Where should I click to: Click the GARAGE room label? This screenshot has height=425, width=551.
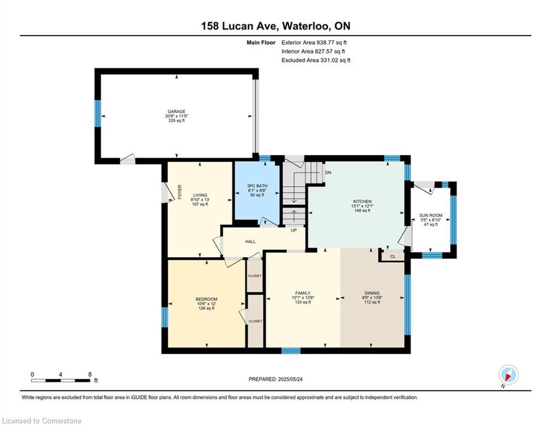[177, 112]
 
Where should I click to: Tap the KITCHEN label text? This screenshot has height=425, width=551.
[362, 201]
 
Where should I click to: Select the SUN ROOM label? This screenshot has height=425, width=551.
[430, 216]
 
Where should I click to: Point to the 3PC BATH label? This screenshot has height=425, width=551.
[257, 186]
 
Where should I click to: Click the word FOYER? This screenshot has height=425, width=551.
[179, 192]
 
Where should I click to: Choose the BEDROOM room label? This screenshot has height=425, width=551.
[206, 299]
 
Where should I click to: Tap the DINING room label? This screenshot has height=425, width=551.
[372, 293]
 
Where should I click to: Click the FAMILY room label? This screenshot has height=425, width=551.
[302, 293]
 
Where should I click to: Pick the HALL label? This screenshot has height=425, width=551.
[250, 242]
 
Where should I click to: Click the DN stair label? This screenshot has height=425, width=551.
[328, 173]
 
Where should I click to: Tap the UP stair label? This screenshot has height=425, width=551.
[293, 230]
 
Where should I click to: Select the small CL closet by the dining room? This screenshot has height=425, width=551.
[393, 257]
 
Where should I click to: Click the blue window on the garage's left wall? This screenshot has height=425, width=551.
[97, 113]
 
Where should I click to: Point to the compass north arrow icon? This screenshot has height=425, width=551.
[508, 375]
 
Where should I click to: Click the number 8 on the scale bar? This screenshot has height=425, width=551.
[90, 375]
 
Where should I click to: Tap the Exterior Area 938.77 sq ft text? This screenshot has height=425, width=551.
[314, 43]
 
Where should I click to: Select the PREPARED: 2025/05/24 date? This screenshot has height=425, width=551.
[276, 379]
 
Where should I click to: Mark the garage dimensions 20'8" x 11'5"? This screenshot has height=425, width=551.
[177, 116]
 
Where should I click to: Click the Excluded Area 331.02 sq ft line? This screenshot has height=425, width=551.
[316, 60]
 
